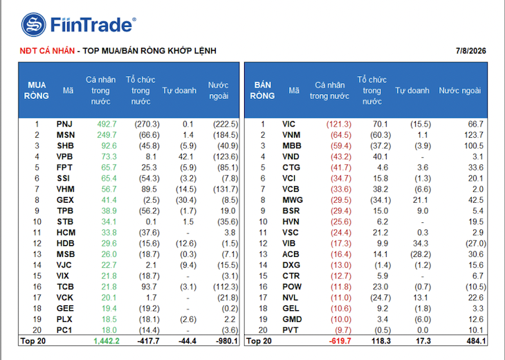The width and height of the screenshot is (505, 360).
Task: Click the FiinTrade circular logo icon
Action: (33, 24)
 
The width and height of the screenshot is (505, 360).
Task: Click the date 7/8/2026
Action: (470, 51)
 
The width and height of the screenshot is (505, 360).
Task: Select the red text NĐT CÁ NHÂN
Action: (47, 51)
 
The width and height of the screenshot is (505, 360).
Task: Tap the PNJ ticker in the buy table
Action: (64, 124)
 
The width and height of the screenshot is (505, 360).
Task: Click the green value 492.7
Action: (107, 124)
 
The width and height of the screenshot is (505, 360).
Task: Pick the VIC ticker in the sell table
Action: (288, 124)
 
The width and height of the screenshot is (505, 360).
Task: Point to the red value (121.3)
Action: (339, 124)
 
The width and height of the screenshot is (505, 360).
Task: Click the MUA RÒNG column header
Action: (37, 91)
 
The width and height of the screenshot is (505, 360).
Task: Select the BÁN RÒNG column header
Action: (262, 91)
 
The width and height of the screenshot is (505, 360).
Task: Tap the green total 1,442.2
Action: (107, 341)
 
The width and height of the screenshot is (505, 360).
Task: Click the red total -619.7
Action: (340, 341)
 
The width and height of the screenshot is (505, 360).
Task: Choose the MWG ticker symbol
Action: (293, 200)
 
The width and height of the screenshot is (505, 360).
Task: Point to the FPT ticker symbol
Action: (64, 168)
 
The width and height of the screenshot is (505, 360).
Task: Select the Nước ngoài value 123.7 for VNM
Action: (474, 135)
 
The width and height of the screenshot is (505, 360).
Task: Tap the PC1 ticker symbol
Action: (64, 330)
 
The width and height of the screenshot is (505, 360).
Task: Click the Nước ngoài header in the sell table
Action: (459, 91)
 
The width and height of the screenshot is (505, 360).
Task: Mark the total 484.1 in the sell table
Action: (476, 341)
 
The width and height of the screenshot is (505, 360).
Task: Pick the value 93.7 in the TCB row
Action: (149, 287)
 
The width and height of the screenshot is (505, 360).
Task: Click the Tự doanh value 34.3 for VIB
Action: (421, 243)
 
